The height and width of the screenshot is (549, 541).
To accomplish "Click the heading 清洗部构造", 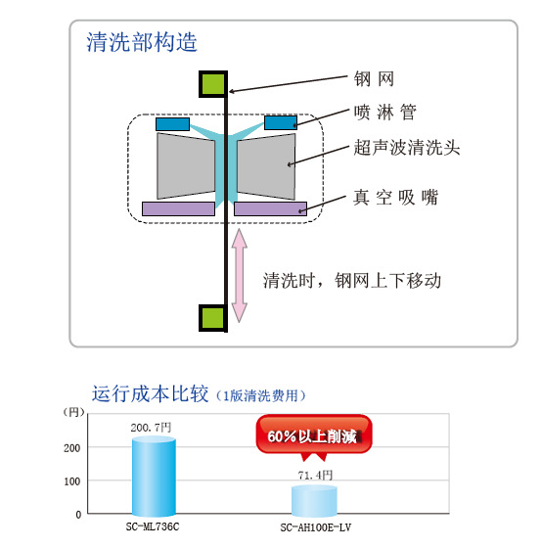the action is click(x=142, y=42).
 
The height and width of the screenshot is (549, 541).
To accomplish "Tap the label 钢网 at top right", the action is click(x=374, y=78).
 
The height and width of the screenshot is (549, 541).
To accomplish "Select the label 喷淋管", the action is click(x=384, y=112).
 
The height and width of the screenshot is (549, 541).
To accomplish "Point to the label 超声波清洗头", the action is click(x=407, y=147).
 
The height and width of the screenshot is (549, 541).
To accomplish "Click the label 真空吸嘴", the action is click(x=395, y=197).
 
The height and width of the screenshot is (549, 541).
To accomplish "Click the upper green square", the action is click(x=213, y=84).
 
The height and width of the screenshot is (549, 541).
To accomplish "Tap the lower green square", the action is click(x=213, y=318).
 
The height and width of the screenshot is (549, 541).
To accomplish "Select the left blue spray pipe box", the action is click(x=172, y=124).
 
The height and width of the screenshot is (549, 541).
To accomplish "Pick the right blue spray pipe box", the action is click(x=281, y=122).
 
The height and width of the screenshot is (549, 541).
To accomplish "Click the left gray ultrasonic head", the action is click(x=186, y=166).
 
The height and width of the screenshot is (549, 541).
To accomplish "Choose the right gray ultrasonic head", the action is click(x=266, y=166).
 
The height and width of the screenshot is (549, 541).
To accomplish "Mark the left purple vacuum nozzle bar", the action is click(x=178, y=208).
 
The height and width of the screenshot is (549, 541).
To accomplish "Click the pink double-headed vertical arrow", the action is click(x=240, y=275).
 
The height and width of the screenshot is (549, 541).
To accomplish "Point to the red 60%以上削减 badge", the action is click(x=313, y=436).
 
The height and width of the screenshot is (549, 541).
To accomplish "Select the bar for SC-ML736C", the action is click(x=154, y=477).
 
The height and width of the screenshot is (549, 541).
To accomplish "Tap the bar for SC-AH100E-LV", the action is click(x=314, y=501).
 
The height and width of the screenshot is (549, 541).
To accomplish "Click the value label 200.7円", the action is click(x=151, y=428).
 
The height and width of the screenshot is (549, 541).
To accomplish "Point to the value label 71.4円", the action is click(x=315, y=476).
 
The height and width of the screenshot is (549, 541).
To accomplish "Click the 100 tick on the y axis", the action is click(x=72, y=481).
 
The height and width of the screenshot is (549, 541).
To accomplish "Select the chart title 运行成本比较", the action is click(x=150, y=393).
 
